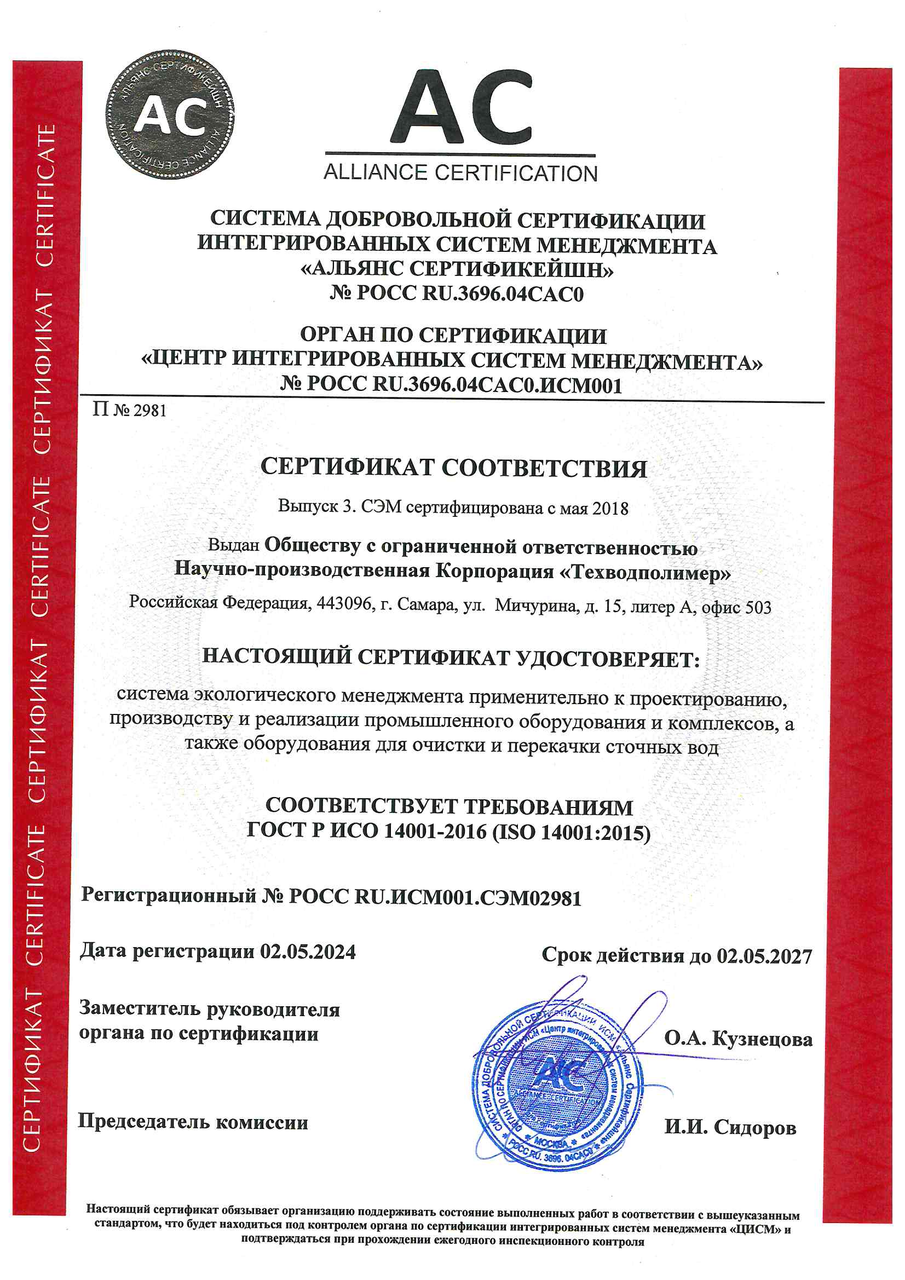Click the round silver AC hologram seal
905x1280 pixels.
click(170, 115)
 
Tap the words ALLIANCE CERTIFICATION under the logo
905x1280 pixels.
click(460, 173)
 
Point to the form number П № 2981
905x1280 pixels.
click(129, 411)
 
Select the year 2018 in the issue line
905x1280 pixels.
click(610, 509)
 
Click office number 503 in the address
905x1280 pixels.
click(758, 607)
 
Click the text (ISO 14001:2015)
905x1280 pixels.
click(572, 832)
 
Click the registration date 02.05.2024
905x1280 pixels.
click(308, 951)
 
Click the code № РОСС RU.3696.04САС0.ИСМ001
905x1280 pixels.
click(451, 384)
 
